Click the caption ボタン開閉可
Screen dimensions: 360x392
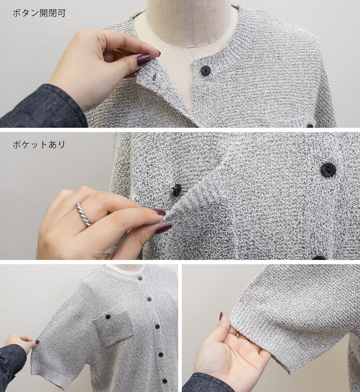tap(39, 13)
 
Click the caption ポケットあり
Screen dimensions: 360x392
tap(39, 144)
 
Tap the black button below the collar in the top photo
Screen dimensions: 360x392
tap(205, 70)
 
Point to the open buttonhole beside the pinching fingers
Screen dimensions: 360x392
tap(154, 77)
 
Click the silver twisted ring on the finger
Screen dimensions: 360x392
tap(84, 214)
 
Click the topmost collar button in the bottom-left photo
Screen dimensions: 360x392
tap(140, 278)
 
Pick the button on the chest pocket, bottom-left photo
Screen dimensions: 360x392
tap(108, 317)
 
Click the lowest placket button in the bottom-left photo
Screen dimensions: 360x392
tap(165, 382)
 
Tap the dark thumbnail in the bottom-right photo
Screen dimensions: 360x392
tap(221, 316)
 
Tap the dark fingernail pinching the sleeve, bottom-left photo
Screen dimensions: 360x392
tap(37, 342)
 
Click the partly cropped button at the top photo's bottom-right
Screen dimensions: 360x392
tap(310, 126)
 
